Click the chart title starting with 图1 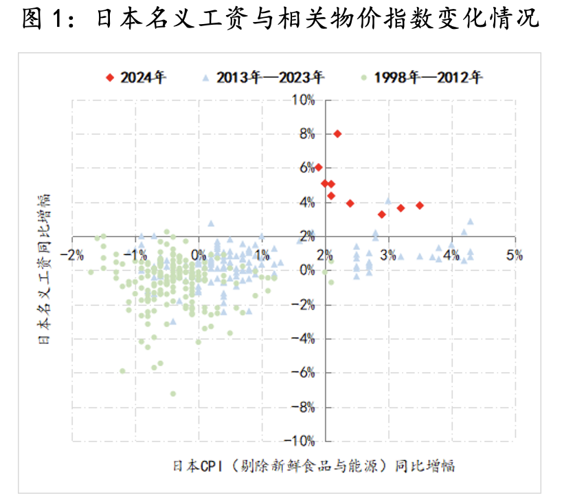click(x=280, y=19)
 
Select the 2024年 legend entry click(x=143, y=77)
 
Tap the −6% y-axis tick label click(x=303, y=372)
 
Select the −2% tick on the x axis click(x=72, y=255)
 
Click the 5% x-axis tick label click(x=515, y=255)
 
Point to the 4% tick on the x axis click(x=451, y=255)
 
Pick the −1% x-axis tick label click(x=135, y=255)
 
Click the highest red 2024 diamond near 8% click(x=337, y=133)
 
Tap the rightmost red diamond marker click(x=419, y=206)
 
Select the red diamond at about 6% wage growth click(x=318, y=167)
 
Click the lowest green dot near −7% click(x=172, y=394)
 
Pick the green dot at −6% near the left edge click(x=123, y=371)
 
